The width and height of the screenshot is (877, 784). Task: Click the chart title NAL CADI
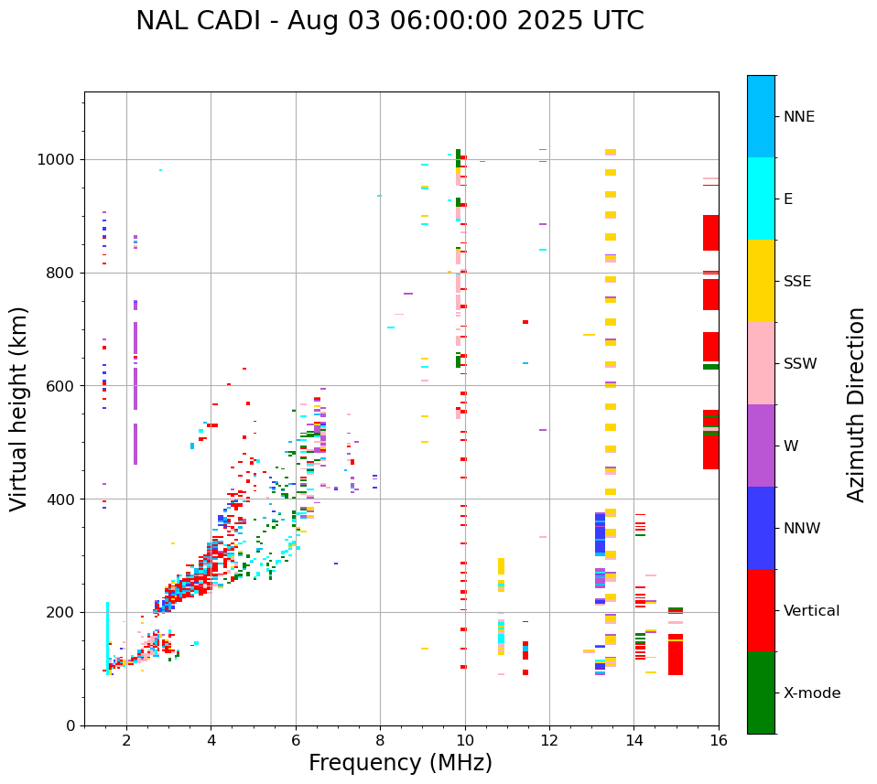click(389, 21)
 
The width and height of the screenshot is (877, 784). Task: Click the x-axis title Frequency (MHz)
click(400, 763)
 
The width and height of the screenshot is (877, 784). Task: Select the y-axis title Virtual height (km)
click(19, 409)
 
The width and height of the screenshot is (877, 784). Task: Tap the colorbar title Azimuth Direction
click(856, 404)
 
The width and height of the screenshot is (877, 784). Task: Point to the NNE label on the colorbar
click(798, 117)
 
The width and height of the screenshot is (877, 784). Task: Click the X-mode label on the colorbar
click(811, 693)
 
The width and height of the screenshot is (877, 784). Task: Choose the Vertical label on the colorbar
click(811, 611)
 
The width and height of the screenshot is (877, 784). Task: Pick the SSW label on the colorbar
click(799, 364)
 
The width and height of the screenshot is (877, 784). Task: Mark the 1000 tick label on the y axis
click(58, 160)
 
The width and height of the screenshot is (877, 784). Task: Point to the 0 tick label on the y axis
click(71, 725)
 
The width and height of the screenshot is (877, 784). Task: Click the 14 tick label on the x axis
click(633, 741)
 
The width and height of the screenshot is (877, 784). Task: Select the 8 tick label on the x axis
click(380, 741)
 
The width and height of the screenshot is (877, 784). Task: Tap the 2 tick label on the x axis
click(126, 741)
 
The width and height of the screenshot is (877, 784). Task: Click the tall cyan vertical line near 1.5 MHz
click(108, 631)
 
